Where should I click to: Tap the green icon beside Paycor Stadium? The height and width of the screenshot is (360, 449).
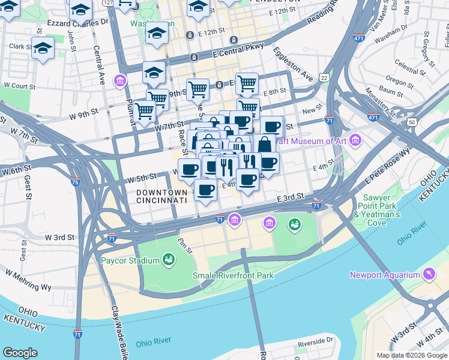tap(169, 260)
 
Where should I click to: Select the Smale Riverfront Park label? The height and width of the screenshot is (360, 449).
tap(233, 275)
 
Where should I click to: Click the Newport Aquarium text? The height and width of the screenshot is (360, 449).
tap(385, 275)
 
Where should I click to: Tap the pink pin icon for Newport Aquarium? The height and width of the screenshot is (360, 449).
tap(429, 275)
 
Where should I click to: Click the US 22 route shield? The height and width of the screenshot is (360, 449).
tap(324, 78)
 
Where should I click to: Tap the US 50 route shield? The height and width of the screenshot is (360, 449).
tap(411, 122)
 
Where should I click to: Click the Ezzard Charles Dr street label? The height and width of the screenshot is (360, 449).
tap(79, 23)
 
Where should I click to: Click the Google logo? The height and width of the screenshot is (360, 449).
tap(20, 353)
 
